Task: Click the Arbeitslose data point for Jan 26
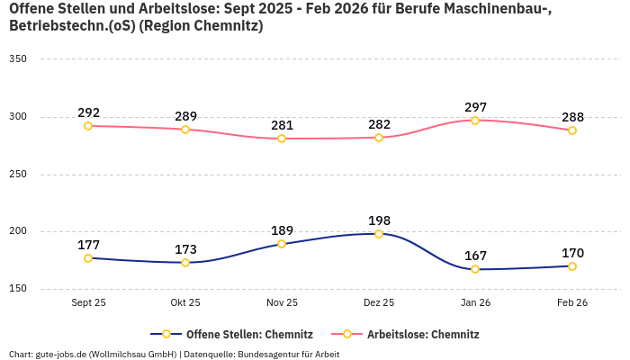pyautogui.click(x=475, y=121)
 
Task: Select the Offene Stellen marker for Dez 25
pyautogui.click(x=379, y=234)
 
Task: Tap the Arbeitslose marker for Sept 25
pyautogui.click(x=88, y=126)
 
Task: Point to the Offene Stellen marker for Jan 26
pyautogui.click(x=475, y=269)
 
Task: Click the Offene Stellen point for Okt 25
pyautogui.click(x=185, y=263)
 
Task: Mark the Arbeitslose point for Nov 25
pyautogui.click(x=282, y=139)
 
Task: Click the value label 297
pyautogui.click(x=475, y=107)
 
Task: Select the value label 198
pyautogui.click(x=379, y=220)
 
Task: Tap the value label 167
pyautogui.click(x=475, y=256)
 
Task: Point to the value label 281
pyautogui.click(x=282, y=125)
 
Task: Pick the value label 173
pyautogui.click(x=185, y=249)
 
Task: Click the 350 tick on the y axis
pyautogui.click(x=18, y=59)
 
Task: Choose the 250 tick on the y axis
pyautogui.click(x=18, y=175)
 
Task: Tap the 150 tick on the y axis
pyautogui.click(x=18, y=289)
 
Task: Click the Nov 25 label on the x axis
pyautogui.click(x=282, y=302)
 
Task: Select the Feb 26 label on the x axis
pyautogui.click(x=572, y=302)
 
